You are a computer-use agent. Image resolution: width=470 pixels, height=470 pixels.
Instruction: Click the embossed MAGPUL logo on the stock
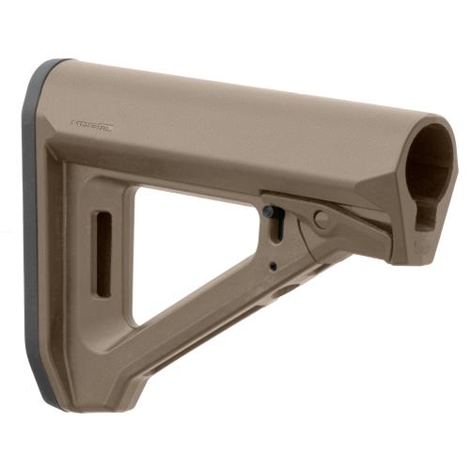click(x=92, y=124)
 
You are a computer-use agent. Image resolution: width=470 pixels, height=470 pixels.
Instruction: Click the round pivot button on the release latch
click(x=321, y=220)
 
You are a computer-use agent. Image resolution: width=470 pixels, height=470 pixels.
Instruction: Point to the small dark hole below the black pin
click(x=273, y=266)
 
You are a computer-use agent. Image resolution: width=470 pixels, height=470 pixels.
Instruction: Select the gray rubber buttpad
click(x=39, y=235)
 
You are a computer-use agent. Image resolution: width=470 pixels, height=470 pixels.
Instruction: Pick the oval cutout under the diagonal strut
click(x=282, y=291)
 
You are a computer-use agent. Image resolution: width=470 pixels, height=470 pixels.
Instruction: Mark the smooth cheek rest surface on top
click(x=235, y=103)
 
